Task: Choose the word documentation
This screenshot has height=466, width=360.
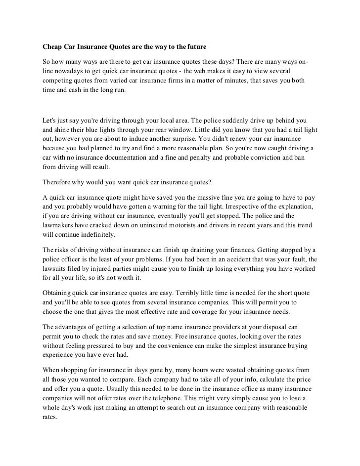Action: point(125,158)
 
